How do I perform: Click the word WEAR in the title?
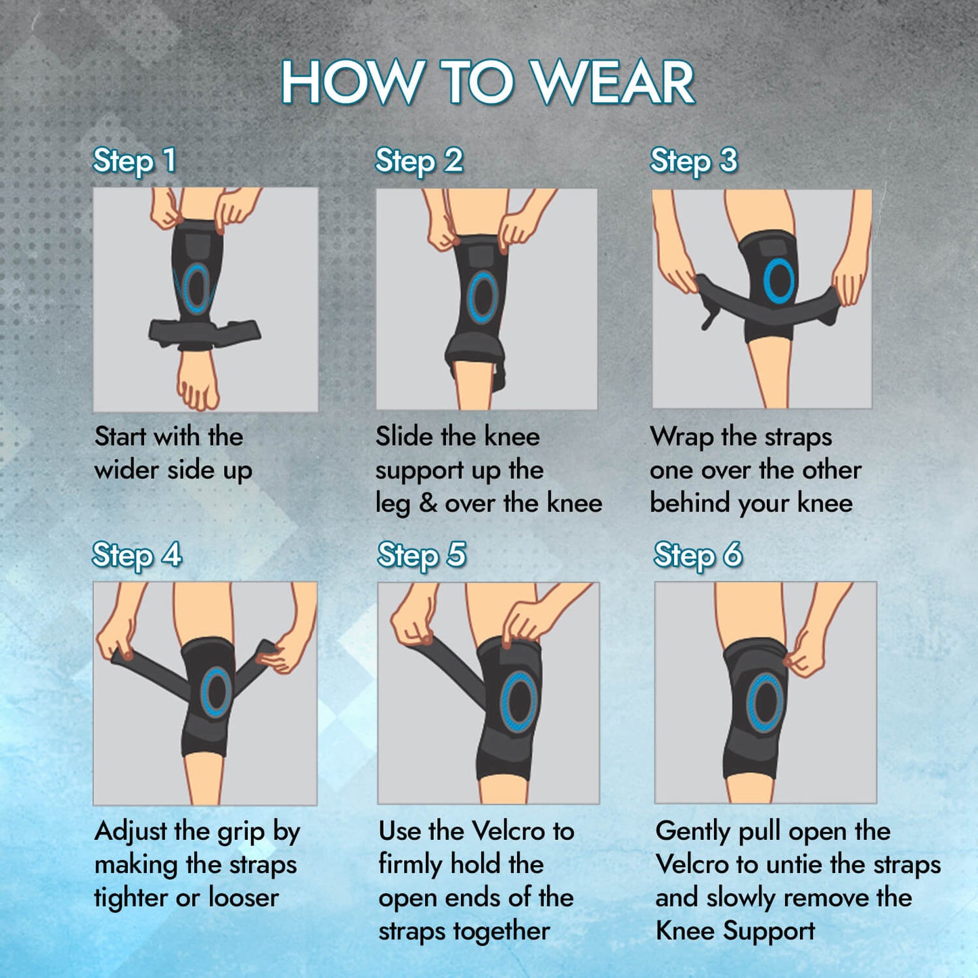(x=615, y=82)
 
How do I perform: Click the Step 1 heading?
(x=135, y=161)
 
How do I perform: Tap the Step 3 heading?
(x=693, y=161)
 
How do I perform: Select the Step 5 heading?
(x=422, y=555)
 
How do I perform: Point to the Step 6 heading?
(x=698, y=555)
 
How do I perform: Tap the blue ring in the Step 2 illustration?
(x=482, y=297)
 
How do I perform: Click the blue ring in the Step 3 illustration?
(x=779, y=281)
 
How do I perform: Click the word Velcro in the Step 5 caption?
(x=508, y=831)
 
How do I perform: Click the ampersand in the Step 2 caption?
(x=428, y=504)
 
